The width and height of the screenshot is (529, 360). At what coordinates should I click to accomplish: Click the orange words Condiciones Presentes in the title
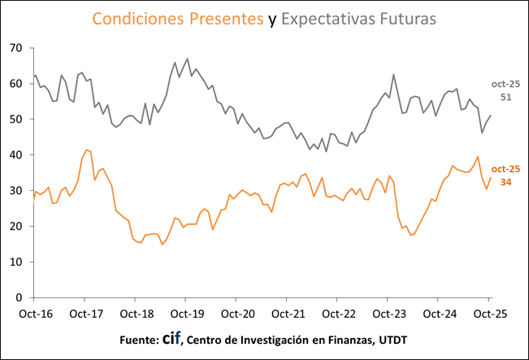[x=178, y=18]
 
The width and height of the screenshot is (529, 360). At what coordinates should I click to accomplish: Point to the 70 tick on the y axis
[x=15, y=48]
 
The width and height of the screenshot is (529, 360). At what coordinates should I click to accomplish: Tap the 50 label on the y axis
[x=15, y=119]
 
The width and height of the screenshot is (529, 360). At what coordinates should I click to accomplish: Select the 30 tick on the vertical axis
[x=15, y=191]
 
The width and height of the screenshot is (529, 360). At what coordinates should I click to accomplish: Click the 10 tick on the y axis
[x=15, y=262]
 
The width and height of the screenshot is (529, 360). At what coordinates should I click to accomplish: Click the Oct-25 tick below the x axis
[x=489, y=313]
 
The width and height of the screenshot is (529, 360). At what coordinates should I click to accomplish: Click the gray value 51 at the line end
[x=505, y=98]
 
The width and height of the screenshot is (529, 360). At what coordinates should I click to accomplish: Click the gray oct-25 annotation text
[x=505, y=85]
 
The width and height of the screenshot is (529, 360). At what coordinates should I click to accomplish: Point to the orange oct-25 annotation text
[x=505, y=169]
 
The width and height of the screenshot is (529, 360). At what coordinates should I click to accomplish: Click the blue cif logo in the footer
[x=171, y=339]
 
